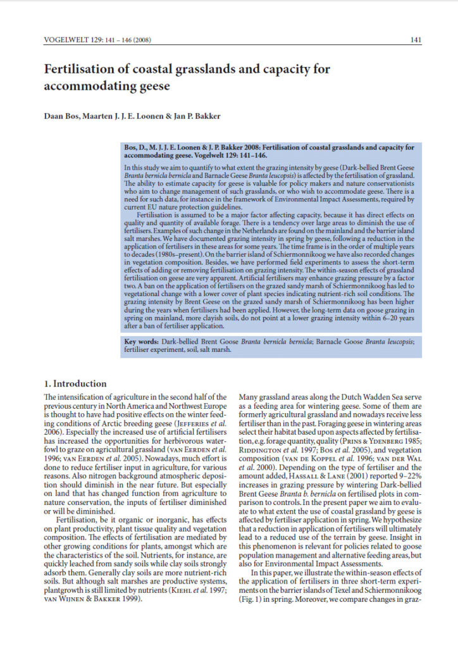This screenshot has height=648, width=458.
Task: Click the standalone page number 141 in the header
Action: (x=416, y=40)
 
